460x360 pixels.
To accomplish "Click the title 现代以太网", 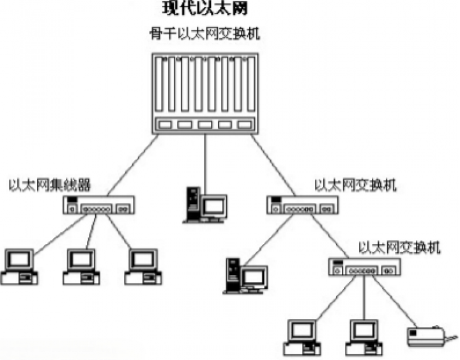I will [204, 9].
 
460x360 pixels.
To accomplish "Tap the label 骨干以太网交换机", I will [204, 34].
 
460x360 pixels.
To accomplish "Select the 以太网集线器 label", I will [49, 185].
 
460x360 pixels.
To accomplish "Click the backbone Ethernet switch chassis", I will [204, 93].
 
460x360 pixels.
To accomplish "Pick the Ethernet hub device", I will [100, 205].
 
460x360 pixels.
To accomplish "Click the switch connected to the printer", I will [364, 269].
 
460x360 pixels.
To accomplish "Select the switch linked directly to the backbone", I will [301, 205].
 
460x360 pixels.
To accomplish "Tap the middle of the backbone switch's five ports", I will [204, 124].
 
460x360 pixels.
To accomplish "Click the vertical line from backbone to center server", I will [204, 160].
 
